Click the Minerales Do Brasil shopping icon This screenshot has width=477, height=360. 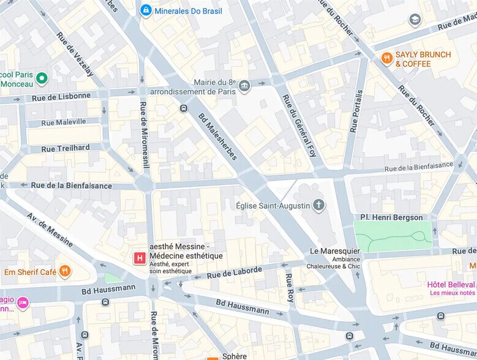146,10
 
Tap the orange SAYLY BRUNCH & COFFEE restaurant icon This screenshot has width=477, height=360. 386,58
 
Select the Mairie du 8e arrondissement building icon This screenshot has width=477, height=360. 245,85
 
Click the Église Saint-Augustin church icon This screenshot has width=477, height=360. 318,205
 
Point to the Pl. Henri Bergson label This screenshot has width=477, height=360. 391,217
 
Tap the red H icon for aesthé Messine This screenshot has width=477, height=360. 140,258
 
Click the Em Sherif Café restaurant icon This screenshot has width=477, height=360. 65,271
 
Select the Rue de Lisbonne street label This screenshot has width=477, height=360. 61,97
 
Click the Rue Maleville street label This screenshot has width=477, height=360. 64,122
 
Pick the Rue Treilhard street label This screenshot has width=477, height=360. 66,148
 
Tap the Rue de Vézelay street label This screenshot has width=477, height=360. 75,54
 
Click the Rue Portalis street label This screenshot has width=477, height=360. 356,111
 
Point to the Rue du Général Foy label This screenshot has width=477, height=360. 299,126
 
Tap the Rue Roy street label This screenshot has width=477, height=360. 290,287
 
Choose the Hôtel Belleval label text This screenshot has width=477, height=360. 451,285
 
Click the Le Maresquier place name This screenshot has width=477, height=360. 336,251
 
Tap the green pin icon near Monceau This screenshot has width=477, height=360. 42,78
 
